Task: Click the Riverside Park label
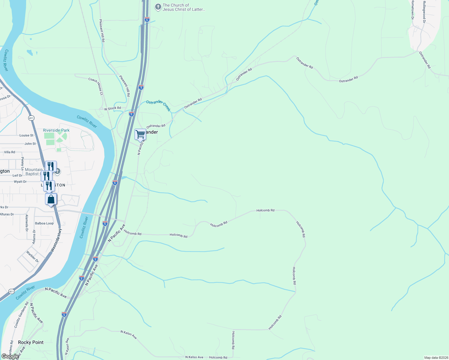point(56,130)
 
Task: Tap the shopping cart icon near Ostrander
point(140,134)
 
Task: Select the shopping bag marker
point(51,199)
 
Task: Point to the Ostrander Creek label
point(158,105)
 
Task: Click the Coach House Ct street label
point(95,86)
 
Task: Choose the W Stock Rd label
point(113,108)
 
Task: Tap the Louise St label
point(26,135)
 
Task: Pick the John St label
point(30,144)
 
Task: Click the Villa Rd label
point(10,152)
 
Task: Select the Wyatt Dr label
point(20,181)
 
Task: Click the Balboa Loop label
point(44,223)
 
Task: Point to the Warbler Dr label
point(32,256)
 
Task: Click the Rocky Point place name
point(31,342)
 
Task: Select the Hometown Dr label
point(413,10)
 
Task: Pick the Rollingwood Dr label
point(424,12)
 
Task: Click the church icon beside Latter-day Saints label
point(158,7)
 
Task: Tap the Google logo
point(10,356)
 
